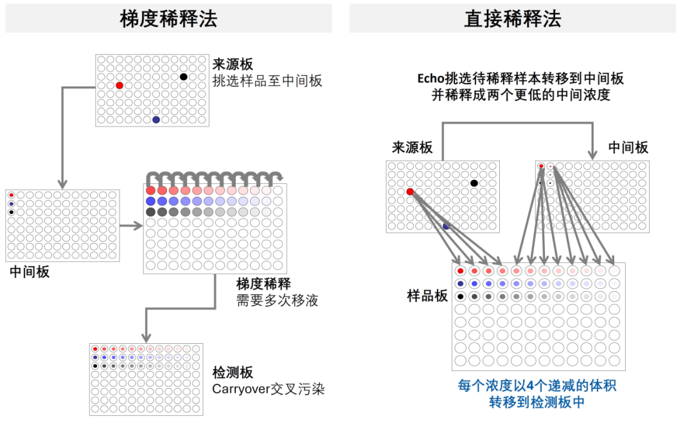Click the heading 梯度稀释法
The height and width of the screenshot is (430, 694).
point(168,19)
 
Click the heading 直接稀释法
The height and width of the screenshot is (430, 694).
point(512,19)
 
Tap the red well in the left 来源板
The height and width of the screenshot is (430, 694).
point(120,85)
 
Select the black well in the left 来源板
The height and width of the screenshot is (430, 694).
point(184,77)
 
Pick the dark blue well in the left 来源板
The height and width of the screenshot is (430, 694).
point(156,120)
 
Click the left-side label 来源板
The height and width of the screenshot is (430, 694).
point(233,64)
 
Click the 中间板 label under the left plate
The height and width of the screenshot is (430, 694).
point(30,272)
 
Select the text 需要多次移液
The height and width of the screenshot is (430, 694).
point(277,300)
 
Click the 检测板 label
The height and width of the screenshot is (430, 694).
point(233,373)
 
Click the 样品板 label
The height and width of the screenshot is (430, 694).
point(427,296)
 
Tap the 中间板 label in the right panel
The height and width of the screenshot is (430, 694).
point(628,147)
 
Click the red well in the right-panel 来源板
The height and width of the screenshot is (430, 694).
point(410,192)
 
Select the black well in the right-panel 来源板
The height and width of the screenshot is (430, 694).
point(474,183)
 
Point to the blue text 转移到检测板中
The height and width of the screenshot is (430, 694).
point(537,402)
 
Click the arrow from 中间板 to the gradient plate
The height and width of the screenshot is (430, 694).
point(130,226)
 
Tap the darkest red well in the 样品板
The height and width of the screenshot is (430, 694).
point(461,271)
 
